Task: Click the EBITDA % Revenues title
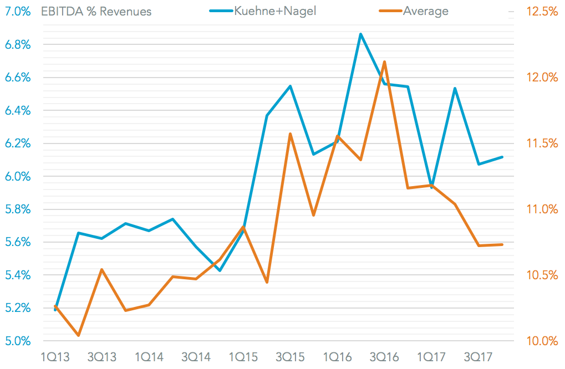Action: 96,11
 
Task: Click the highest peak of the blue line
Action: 361,34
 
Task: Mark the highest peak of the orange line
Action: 384,61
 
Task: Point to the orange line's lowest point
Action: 78,335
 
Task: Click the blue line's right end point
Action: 502,157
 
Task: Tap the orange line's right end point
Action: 502,244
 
